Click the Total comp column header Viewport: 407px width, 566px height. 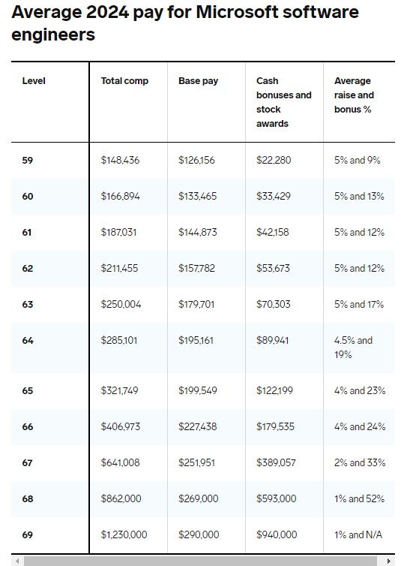click(124, 81)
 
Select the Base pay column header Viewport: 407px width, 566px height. click(199, 81)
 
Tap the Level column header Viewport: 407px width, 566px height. click(34, 81)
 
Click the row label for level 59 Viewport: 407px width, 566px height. click(28, 161)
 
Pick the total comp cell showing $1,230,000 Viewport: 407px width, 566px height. click(124, 534)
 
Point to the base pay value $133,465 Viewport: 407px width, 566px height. click(198, 197)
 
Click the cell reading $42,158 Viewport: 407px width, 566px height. click(273, 232)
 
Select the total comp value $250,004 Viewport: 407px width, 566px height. click(121, 304)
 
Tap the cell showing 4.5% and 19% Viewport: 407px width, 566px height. click(353, 348)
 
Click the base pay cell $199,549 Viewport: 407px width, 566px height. click(198, 390)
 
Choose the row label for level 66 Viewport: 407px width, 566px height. click(28, 426)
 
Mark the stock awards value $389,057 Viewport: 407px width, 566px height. click(276, 462)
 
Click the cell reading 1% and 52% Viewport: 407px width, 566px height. click(359, 499)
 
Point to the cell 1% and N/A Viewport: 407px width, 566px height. click(358, 534)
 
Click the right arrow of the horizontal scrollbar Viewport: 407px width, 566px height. click(388, 561)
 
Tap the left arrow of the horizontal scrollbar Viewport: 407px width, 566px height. click(17, 561)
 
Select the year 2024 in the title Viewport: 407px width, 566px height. click(107, 12)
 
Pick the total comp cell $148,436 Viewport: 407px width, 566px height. click(120, 161)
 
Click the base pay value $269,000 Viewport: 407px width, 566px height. click(199, 499)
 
